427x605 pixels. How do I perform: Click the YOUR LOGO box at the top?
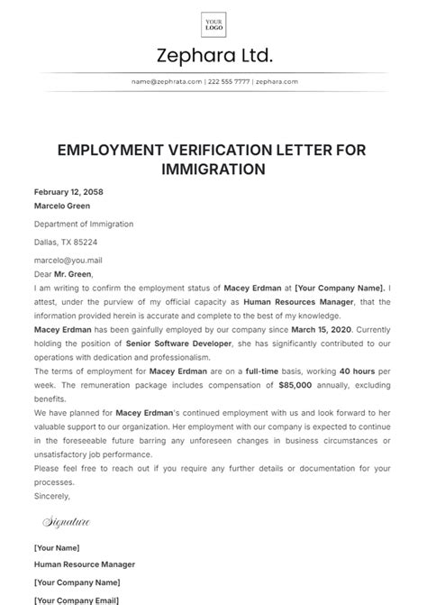tap(213, 23)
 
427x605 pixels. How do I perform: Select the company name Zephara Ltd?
tap(213, 57)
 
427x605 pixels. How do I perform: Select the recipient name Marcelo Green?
tap(62, 206)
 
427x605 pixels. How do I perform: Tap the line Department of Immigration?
tap(84, 224)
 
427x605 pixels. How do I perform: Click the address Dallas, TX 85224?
tap(66, 242)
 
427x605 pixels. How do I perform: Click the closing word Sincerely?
tap(52, 496)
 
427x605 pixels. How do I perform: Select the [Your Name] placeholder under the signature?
tap(57, 548)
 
